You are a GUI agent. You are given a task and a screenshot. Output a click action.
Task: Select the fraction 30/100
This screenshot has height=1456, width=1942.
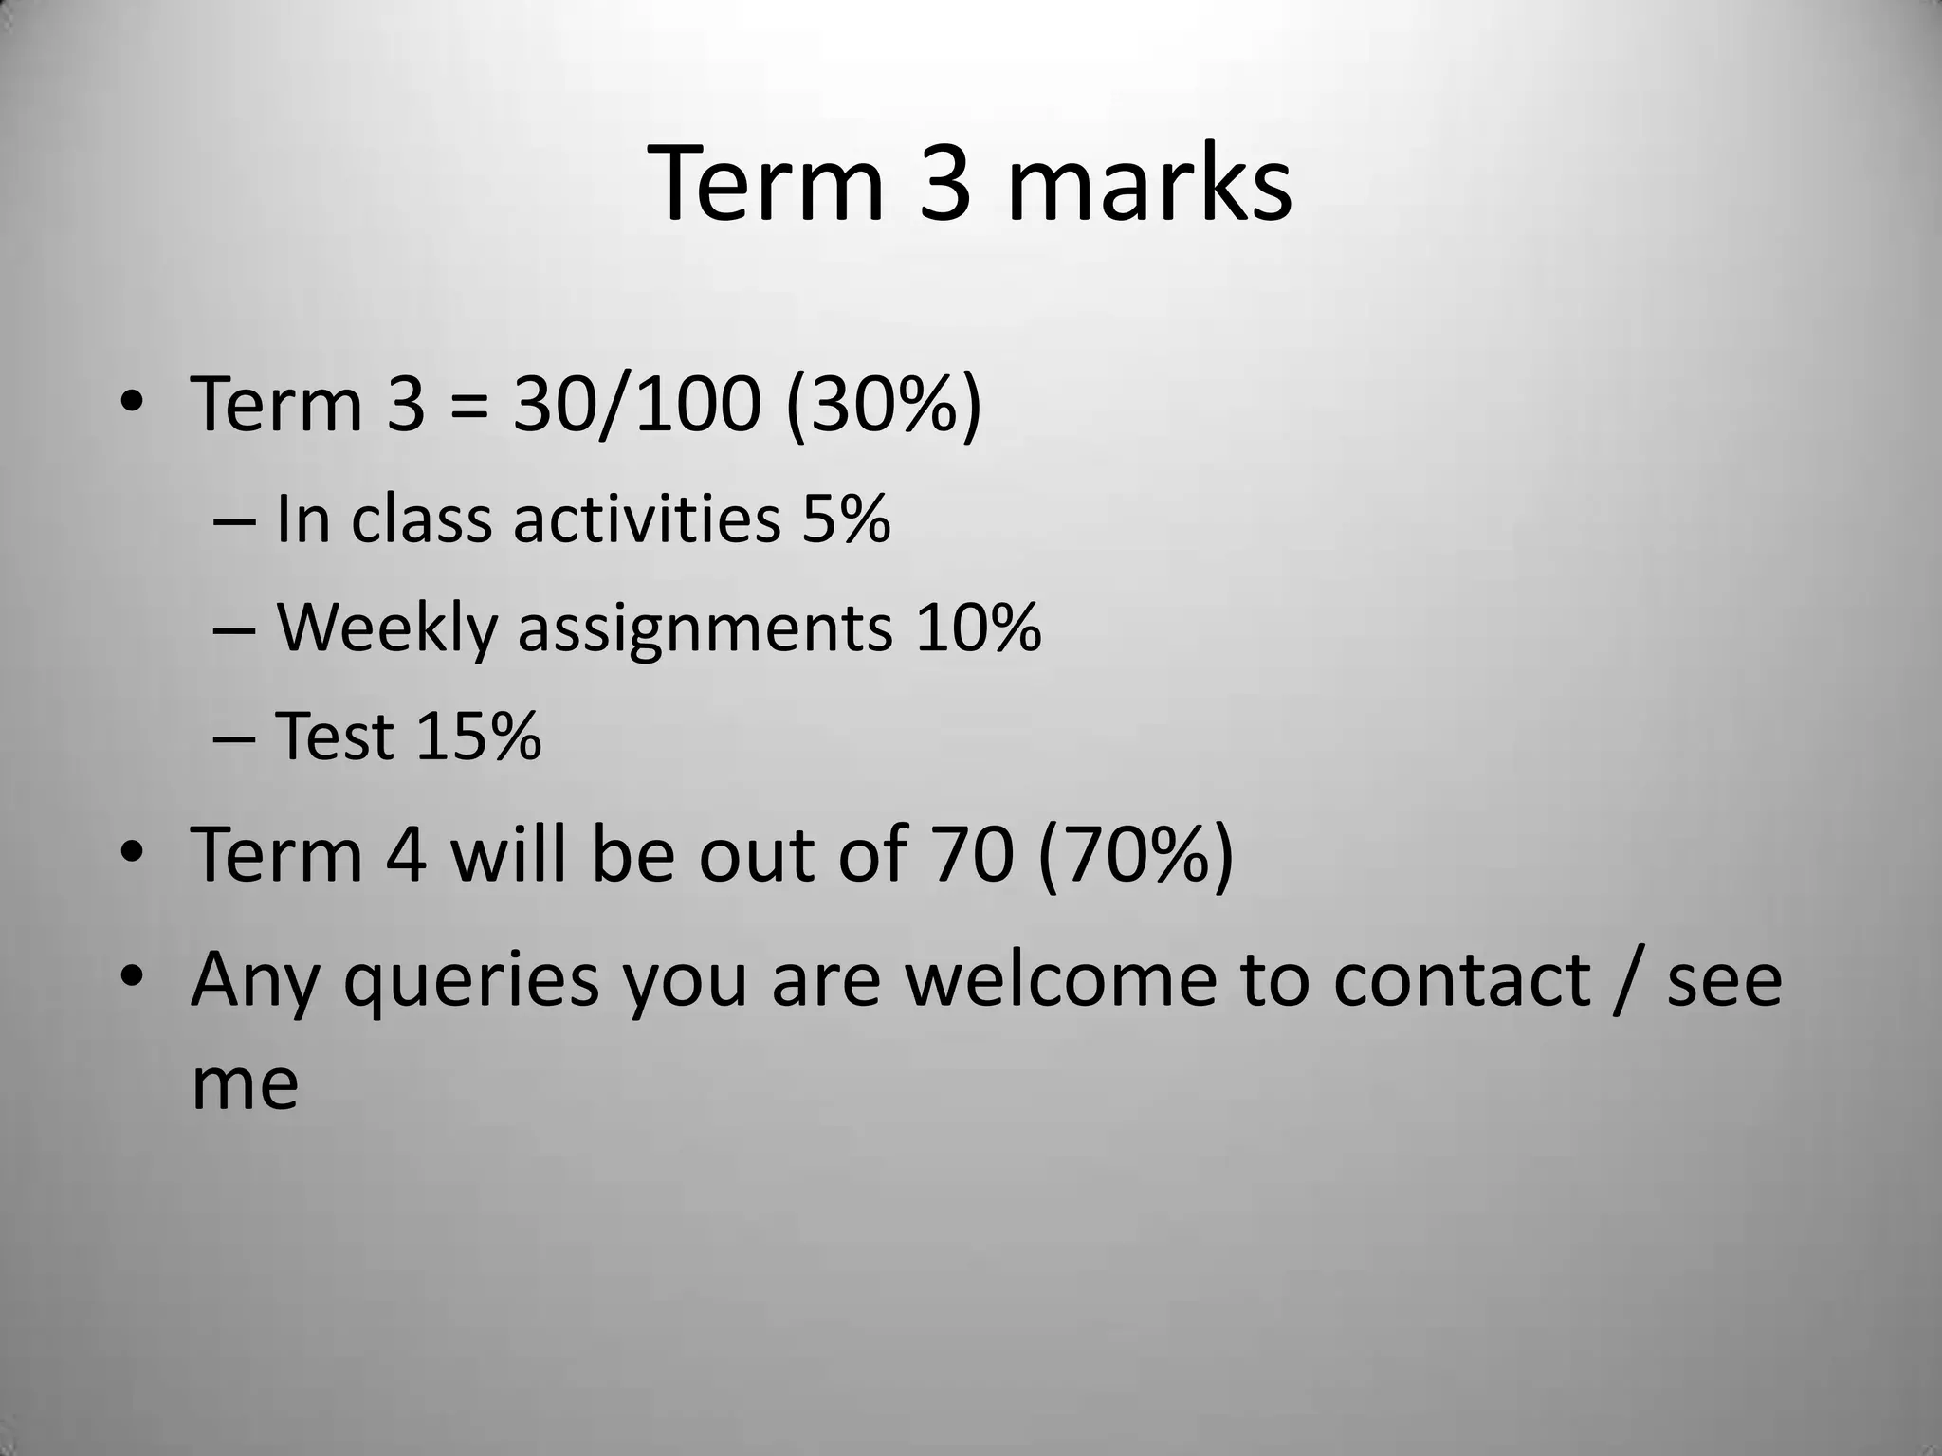pos(636,405)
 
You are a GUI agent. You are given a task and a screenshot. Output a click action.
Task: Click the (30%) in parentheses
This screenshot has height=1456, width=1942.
pos(883,405)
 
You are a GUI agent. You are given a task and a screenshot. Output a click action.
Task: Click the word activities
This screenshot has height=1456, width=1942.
pos(647,519)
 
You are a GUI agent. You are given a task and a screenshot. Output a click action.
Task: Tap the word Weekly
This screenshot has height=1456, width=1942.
pos(386,628)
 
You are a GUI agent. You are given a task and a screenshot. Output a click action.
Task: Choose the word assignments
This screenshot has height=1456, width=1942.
pos(705,628)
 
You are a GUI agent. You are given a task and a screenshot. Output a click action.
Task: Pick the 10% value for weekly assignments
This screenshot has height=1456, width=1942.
pos(978,628)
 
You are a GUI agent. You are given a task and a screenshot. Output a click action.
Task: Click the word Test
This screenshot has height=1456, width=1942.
pos(334,737)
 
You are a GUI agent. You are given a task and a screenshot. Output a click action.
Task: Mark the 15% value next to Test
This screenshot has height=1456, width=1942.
pos(478,737)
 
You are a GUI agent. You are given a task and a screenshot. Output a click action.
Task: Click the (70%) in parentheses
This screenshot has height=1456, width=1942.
pos(1136,854)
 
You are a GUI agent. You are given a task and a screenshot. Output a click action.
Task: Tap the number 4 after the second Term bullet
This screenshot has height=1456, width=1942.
pos(406,854)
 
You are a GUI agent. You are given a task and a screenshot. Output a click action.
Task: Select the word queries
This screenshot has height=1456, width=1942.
pos(470,981)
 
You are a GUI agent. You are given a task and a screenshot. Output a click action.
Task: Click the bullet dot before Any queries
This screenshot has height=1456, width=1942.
pos(132,976)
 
